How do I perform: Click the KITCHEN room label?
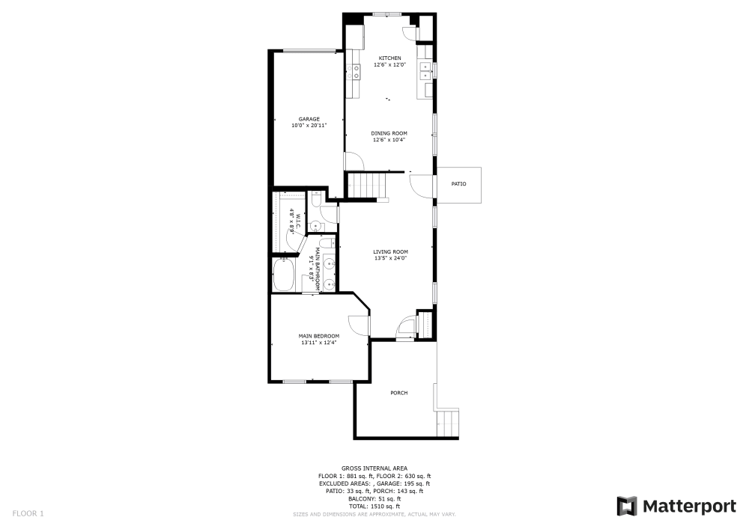(x=389, y=58)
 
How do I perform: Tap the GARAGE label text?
(x=309, y=119)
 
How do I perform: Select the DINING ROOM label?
(x=389, y=133)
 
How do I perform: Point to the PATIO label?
(x=458, y=183)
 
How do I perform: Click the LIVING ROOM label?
(x=390, y=251)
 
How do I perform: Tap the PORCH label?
(x=398, y=393)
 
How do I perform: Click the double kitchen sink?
(x=425, y=71)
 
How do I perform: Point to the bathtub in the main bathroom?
(x=285, y=275)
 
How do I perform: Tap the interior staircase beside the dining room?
(x=368, y=185)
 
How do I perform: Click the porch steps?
(x=447, y=423)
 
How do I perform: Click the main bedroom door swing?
(x=360, y=324)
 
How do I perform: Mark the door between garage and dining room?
(x=351, y=161)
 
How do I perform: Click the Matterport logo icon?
(x=627, y=507)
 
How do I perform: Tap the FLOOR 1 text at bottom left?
(x=28, y=513)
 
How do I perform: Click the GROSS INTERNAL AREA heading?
(x=374, y=468)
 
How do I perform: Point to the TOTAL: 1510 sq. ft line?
(x=374, y=507)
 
